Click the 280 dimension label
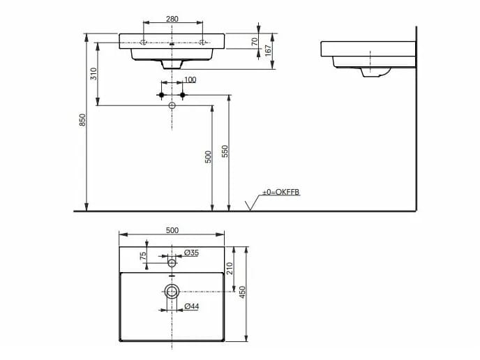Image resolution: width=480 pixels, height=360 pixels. coord(172,19)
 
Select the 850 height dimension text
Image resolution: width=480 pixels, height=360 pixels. coord(82,120)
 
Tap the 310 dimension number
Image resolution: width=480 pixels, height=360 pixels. coord(93,74)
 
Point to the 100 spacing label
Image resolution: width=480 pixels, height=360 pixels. coord(190,80)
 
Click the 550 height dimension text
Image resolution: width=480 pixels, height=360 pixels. coord(225,151)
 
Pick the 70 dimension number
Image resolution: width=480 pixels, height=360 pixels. coord(255,42)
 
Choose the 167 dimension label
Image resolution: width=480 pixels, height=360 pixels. coord(268,50)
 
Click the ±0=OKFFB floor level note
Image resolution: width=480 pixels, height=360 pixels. coord(280,193)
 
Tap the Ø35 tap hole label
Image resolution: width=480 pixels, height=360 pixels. coord(191,253)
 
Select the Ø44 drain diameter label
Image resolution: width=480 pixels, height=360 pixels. coord(191,306)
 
